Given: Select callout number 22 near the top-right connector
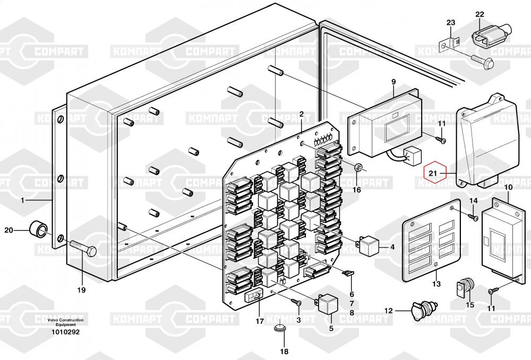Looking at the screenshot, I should [x=479, y=14].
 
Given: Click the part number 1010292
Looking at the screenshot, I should [x=65, y=332].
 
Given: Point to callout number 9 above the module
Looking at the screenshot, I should [x=393, y=82].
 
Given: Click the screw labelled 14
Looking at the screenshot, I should [x=470, y=215].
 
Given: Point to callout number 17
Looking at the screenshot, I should [x=259, y=321].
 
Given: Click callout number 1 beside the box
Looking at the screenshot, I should [x=23, y=200].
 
